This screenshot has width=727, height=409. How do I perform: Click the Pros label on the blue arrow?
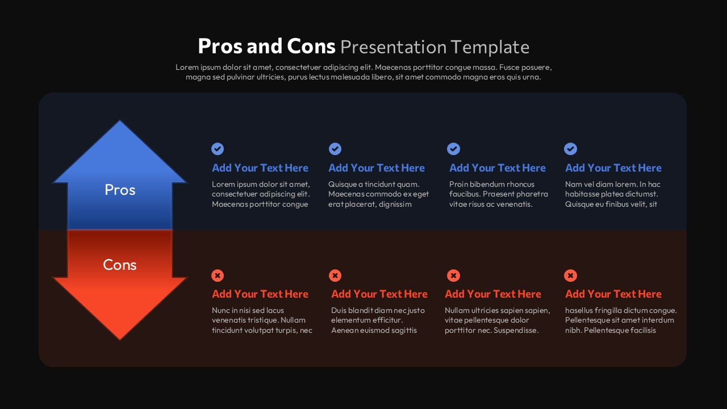tap(120, 190)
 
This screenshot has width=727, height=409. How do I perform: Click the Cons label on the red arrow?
tap(120, 265)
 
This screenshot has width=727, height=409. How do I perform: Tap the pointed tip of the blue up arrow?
tap(120, 121)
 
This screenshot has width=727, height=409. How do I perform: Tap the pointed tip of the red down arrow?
tap(120, 340)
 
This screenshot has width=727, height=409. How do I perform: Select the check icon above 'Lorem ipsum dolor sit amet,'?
tap(218, 149)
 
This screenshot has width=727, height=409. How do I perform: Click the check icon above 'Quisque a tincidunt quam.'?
tap(335, 149)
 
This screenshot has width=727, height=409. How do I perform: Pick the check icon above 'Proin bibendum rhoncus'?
tap(453, 149)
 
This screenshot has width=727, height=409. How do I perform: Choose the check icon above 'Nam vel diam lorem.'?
tap(570, 149)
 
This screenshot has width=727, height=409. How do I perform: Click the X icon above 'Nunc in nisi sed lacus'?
tap(218, 276)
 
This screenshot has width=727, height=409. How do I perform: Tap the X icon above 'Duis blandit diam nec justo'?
tap(335, 276)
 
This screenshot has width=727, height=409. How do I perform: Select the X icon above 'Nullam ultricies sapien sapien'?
tap(453, 276)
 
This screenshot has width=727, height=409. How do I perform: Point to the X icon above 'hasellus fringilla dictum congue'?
tap(570, 276)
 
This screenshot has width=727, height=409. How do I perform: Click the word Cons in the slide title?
tap(311, 46)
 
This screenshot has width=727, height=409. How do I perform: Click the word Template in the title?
tap(490, 47)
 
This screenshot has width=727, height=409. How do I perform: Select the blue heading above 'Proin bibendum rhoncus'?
tap(497, 168)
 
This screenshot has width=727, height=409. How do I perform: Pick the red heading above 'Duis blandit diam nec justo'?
tap(379, 294)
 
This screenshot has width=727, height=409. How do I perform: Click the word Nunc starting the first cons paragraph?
tap(221, 310)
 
